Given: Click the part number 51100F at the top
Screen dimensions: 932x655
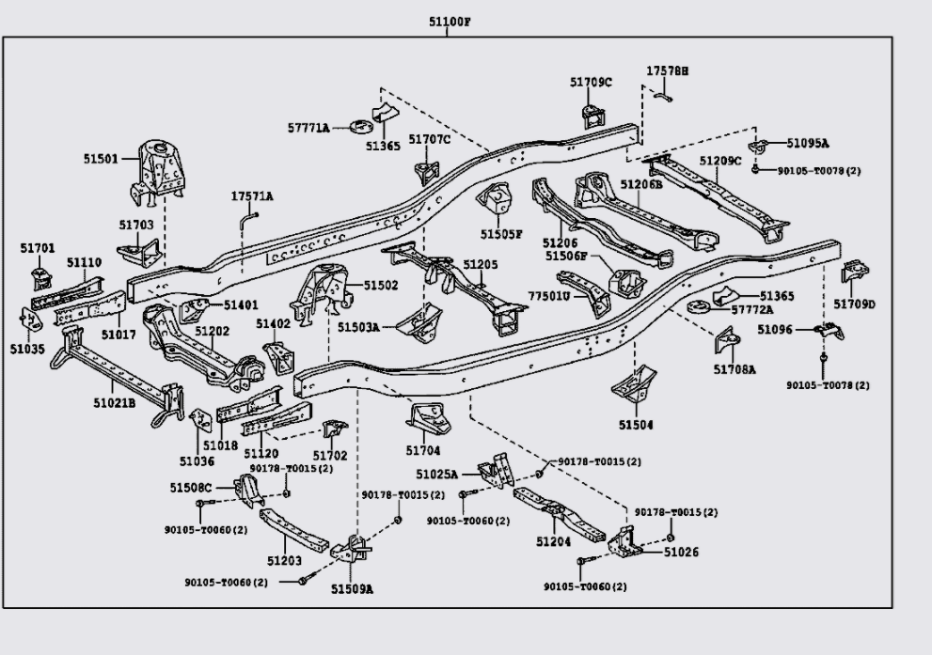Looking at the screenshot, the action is [450, 22].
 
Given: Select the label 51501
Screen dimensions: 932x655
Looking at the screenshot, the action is [101, 159].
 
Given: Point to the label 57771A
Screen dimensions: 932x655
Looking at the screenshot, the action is [308, 128].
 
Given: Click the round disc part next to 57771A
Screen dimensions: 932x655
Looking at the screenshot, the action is [360, 127].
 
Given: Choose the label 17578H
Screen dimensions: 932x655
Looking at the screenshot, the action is [668, 70].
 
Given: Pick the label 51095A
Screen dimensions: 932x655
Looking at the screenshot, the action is [808, 143].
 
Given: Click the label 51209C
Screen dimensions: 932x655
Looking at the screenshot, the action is [720, 161].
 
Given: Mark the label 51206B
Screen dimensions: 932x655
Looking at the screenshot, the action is [641, 184].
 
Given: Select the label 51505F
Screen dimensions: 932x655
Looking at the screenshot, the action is [501, 234].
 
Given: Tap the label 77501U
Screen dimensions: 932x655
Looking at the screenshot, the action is [549, 296].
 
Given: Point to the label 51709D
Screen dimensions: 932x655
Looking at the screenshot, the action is [854, 304].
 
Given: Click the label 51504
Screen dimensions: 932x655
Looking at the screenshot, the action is [636, 425].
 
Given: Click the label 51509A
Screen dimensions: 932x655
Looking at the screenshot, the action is [352, 589].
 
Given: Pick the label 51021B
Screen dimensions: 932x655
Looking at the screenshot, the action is [114, 403].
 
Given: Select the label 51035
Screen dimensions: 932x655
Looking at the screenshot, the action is [27, 349].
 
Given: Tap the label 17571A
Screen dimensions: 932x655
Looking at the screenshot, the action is [252, 196].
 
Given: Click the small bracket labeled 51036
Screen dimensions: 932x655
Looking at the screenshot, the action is [201, 420].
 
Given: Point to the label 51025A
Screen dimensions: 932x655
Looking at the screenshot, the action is [437, 474].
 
